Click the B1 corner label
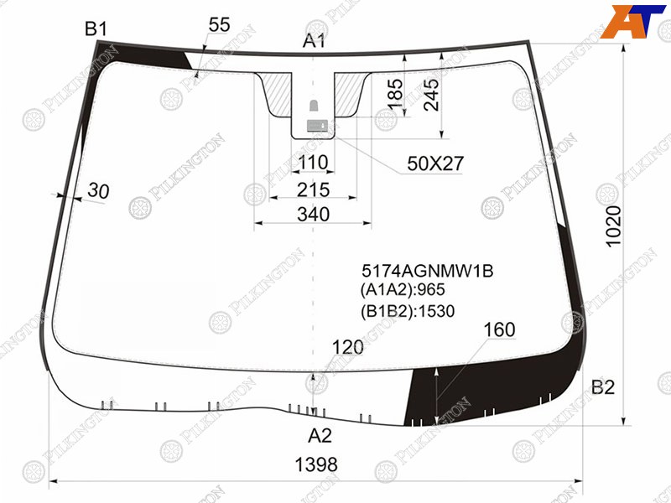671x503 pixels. pos(96,29)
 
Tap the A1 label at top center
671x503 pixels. pos(314,41)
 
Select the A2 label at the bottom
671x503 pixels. pos(320,435)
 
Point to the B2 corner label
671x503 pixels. pos(602,387)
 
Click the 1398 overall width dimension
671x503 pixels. pos(316,464)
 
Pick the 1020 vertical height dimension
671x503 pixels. pos(614,226)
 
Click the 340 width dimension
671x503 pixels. pos(313,215)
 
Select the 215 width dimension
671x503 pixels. pos(313,189)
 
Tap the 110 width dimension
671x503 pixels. pos(313,163)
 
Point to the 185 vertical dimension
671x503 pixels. pos(395,94)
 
